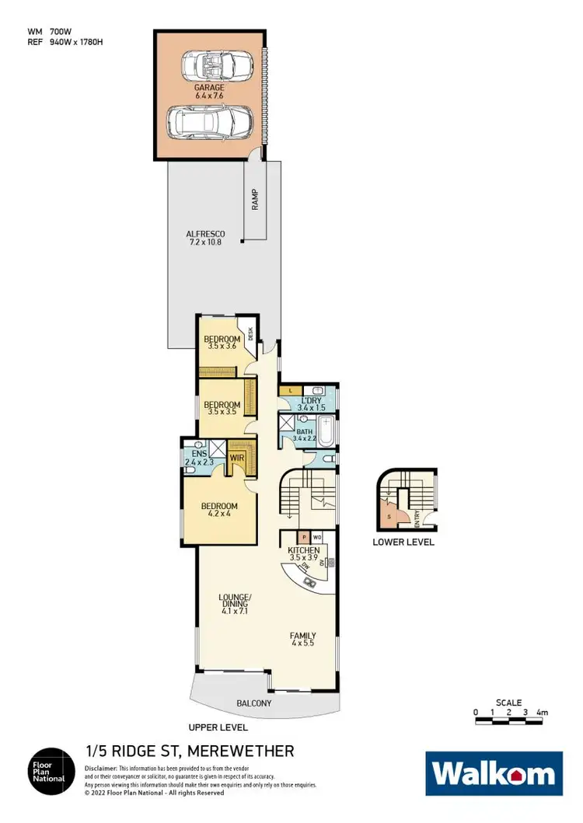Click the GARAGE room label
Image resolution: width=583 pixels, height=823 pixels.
coord(210,92)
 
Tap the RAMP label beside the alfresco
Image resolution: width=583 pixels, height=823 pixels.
coord(254,200)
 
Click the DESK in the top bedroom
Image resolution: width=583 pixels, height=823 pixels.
coord(250,334)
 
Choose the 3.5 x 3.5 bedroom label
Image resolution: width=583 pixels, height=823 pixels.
coord(222,409)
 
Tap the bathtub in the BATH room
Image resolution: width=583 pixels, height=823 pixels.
coord(326,430)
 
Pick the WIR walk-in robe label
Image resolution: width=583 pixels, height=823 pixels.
coord(236,459)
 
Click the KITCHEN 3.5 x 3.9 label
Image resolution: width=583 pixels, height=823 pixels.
coord(303,554)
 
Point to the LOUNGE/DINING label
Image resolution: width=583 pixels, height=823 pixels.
coord(236,603)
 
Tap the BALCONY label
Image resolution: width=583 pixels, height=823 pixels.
coord(254,703)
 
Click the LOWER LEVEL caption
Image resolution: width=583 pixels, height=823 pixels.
coord(403,542)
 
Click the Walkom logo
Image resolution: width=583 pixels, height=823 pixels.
coord(494,773)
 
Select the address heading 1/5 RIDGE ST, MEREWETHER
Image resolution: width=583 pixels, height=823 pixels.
coord(190,751)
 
